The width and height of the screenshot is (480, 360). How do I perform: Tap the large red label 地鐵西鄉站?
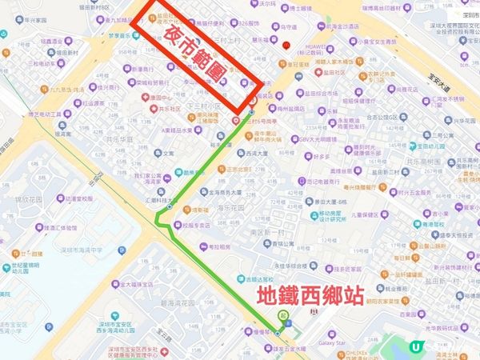[x=310, y=296]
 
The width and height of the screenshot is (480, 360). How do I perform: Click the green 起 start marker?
[x=283, y=318]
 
